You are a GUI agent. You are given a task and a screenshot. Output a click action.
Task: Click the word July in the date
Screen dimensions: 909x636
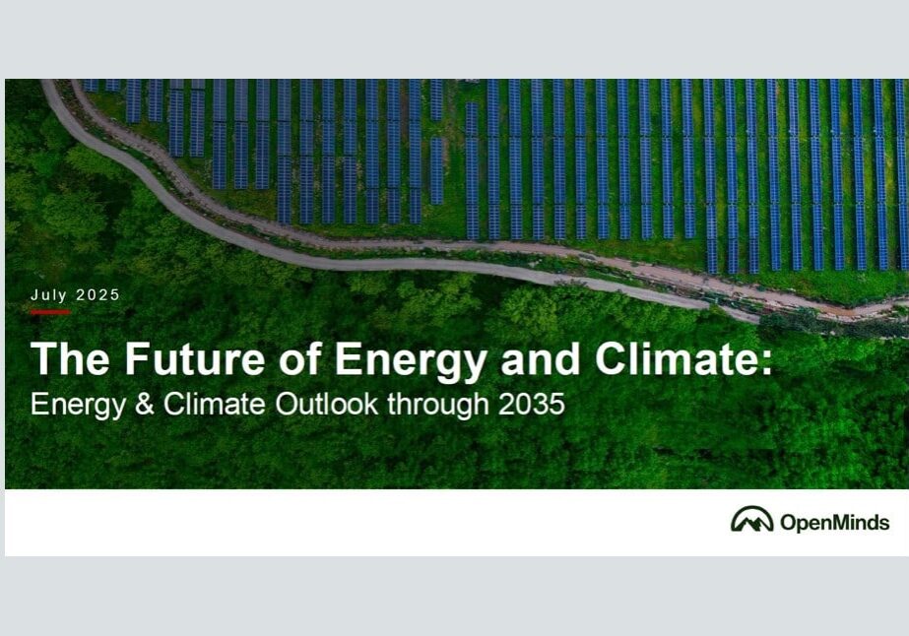pyautogui.click(x=48, y=295)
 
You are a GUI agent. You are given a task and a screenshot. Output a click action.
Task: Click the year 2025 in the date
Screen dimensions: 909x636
pyautogui.click(x=97, y=295)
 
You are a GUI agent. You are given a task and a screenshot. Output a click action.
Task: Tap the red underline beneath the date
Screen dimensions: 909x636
pyautogui.click(x=50, y=312)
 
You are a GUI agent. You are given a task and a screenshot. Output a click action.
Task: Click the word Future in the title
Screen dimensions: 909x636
pyautogui.click(x=195, y=359)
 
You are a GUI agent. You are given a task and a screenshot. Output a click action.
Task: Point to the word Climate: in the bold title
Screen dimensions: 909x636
pyautogui.click(x=684, y=359)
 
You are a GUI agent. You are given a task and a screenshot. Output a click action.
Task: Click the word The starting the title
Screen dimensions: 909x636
pyautogui.click(x=70, y=359)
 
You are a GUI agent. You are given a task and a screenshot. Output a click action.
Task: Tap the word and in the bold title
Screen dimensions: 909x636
pyautogui.click(x=541, y=359)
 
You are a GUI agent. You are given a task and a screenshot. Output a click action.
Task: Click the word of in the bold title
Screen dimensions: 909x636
pyautogui.click(x=299, y=358)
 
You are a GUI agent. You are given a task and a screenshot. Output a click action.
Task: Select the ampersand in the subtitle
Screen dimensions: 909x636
pyautogui.click(x=145, y=404)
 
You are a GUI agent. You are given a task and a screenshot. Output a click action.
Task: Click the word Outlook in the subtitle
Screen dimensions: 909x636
pyautogui.click(x=327, y=404)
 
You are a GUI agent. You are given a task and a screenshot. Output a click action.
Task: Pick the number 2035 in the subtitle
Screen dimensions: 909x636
pyautogui.click(x=532, y=404)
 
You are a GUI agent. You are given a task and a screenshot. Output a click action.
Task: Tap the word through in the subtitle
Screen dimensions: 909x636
pyautogui.click(x=438, y=406)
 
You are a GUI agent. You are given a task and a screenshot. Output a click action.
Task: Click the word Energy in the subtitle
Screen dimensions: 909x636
pyautogui.click(x=78, y=406)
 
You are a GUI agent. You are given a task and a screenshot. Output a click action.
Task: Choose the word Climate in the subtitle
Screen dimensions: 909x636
pyautogui.click(x=215, y=404)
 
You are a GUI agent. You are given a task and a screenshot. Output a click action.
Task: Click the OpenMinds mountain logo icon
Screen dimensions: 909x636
pyautogui.click(x=751, y=519)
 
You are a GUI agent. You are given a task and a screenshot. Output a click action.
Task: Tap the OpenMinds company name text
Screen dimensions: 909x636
pyautogui.click(x=835, y=523)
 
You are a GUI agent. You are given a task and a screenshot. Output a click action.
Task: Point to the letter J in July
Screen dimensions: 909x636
pyautogui.click(x=34, y=295)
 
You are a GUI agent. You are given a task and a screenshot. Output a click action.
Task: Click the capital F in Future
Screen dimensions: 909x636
pyautogui.click(x=137, y=359)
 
